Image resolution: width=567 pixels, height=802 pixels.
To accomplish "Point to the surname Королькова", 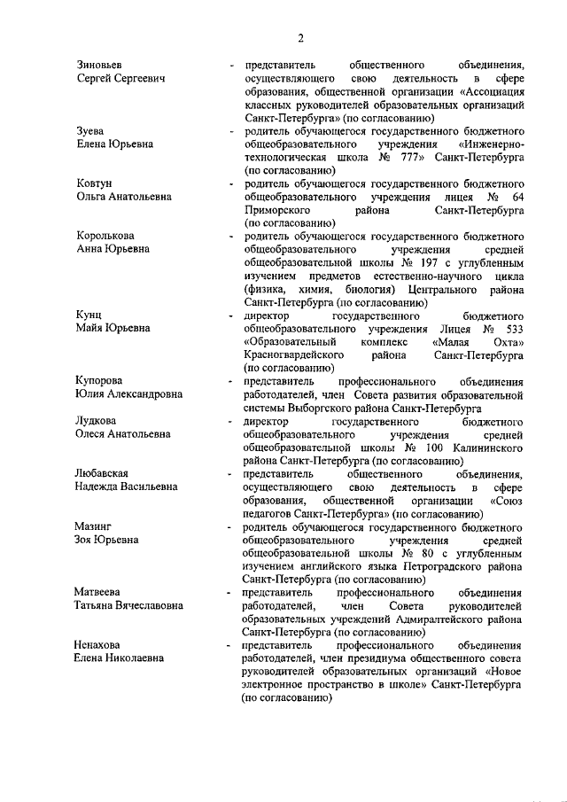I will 107,236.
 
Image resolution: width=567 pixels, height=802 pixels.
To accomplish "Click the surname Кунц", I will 90,315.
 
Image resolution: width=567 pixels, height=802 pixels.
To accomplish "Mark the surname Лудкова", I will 97,420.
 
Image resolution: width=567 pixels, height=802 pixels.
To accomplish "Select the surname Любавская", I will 106,473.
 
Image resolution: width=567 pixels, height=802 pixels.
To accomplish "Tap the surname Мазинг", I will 96,526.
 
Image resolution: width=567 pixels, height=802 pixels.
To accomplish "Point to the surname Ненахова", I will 102,645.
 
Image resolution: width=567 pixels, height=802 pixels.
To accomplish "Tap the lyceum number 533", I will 512,329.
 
